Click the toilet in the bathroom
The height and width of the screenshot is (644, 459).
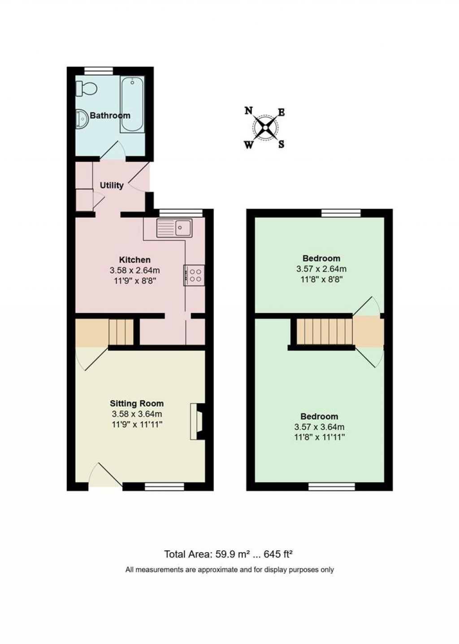click(x=85, y=89)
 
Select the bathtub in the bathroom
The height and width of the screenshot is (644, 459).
click(x=132, y=105)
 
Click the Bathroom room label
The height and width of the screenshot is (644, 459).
click(x=110, y=116)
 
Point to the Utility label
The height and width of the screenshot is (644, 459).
click(x=112, y=185)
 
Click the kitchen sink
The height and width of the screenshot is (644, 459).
click(x=174, y=228)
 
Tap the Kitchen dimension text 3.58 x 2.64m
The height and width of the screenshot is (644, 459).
click(x=134, y=270)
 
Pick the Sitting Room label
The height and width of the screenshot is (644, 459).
click(x=138, y=404)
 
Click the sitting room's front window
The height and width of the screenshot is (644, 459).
click(x=165, y=486)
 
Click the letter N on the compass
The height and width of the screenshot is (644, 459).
click(x=248, y=111)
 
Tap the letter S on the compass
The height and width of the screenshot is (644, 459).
click(x=281, y=145)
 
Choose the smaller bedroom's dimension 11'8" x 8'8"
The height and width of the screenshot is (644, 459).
click(x=321, y=279)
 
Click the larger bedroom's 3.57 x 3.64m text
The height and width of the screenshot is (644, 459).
click(x=319, y=427)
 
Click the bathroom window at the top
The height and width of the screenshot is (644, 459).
click(x=99, y=70)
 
